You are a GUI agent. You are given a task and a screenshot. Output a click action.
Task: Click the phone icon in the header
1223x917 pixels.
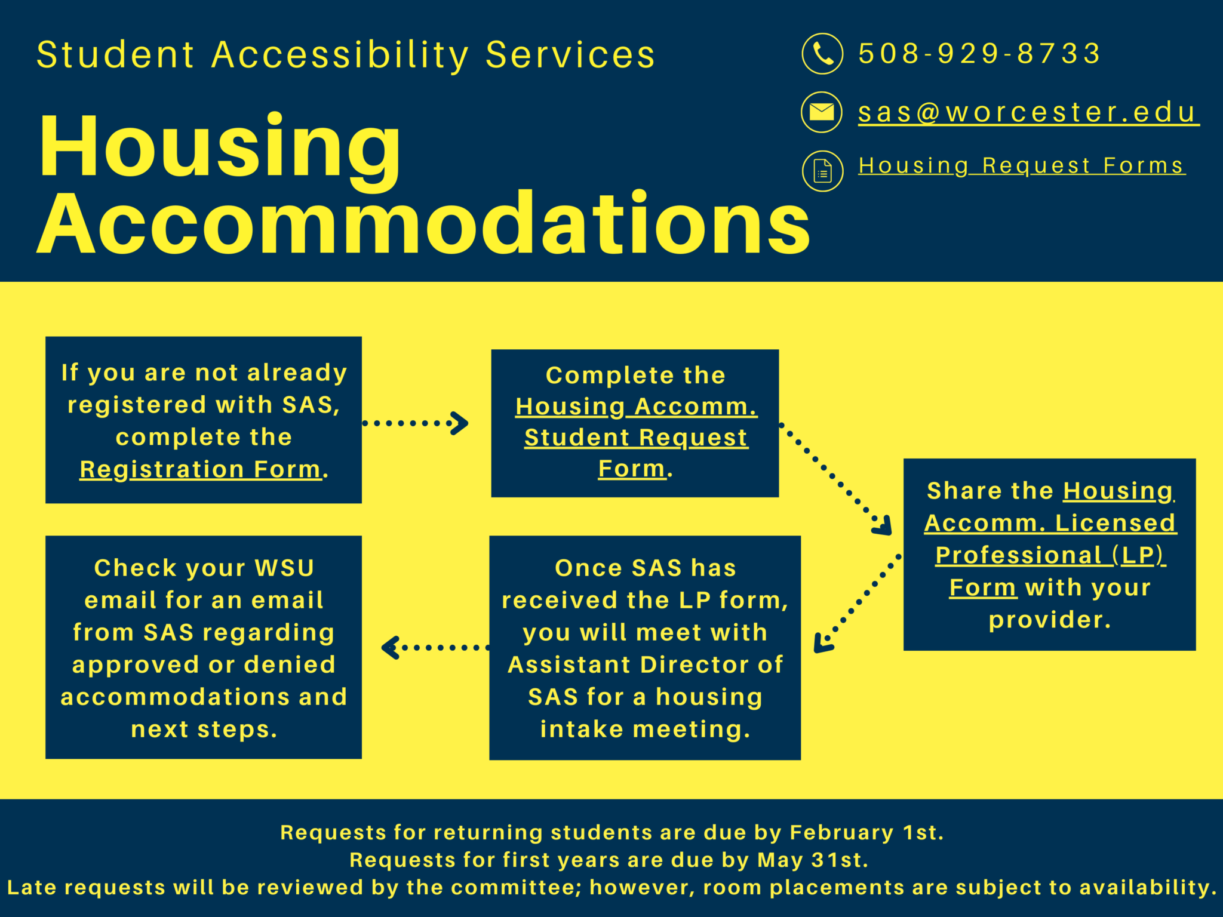(822, 54)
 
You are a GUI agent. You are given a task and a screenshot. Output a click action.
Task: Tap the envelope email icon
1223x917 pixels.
(822, 112)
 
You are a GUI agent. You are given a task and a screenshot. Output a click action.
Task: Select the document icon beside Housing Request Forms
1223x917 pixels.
(822, 171)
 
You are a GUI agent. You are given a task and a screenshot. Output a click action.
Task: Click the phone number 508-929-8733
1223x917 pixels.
(979, 54)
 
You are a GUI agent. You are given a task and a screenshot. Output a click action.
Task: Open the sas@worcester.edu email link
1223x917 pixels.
(1028, 112)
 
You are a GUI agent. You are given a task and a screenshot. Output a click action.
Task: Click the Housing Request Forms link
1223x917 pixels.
(1021, 165)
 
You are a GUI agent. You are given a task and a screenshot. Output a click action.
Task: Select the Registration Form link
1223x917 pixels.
(201, 469)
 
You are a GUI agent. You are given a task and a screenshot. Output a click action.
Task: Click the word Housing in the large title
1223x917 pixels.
(220, 146)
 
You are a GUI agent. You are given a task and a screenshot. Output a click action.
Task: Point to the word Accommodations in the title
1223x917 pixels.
(424, 224)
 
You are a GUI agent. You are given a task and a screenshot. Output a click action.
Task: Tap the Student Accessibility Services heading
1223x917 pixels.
(346, 55)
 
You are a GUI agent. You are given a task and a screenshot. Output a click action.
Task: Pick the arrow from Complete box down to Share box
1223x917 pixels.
(836, 478)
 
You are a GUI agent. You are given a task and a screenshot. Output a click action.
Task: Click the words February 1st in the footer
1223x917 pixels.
(865, 832)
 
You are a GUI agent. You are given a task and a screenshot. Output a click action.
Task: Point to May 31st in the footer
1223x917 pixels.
(812, 860)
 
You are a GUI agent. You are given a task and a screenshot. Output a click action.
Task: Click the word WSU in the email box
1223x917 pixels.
(284, 568)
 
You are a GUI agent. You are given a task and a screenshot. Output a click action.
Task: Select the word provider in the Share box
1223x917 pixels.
(1049, 620)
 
